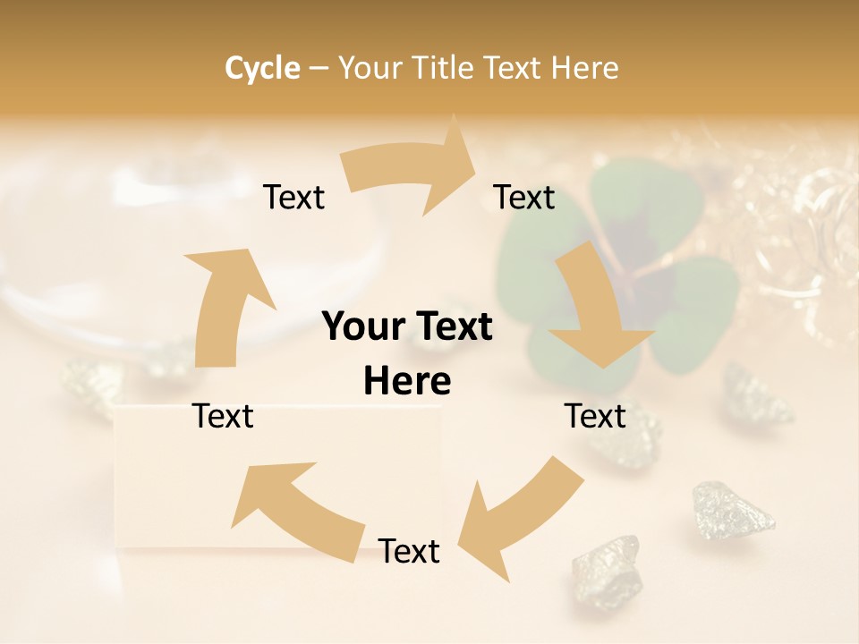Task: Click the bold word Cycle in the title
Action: (262, 67)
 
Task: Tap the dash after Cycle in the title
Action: (318, 68)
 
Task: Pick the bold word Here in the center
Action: (407, 382)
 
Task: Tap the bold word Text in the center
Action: (453, 326)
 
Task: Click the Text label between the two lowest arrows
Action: (409, 551)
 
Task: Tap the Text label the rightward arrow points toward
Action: (524, 197)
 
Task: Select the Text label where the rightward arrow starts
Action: (294, 197)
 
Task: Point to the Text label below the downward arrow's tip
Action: (595, 416)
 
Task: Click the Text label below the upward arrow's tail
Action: (224, 416)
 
